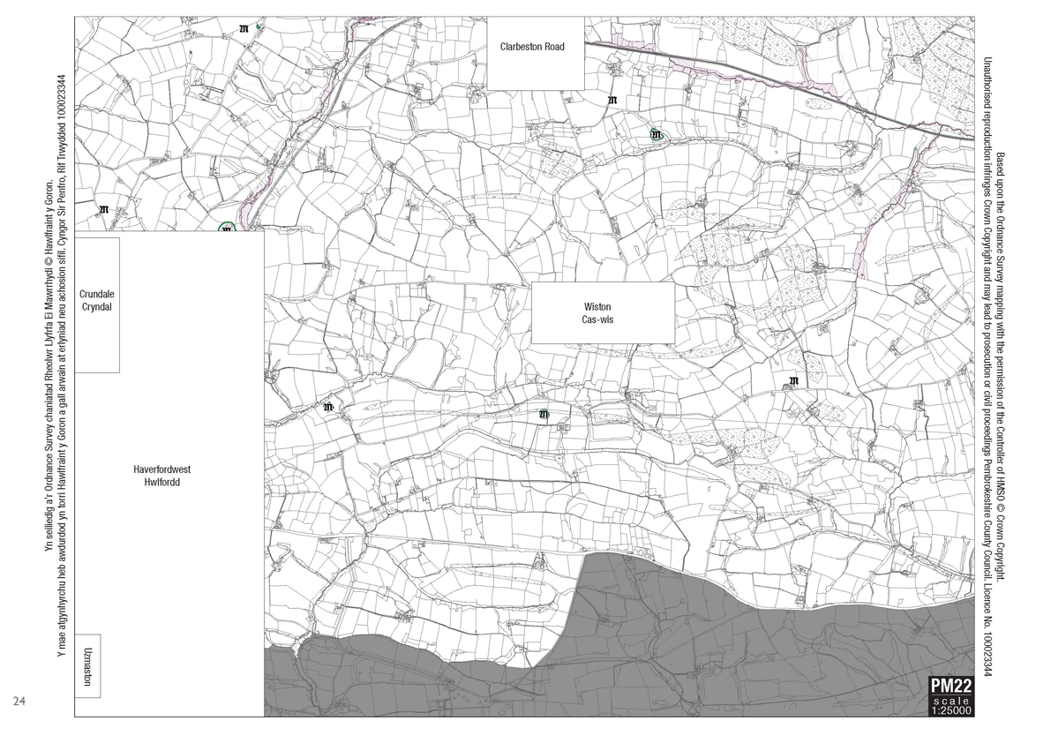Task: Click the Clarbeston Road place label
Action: [x=531, y=47]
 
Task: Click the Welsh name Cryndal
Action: [x=96, y=307]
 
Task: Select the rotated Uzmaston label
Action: [x=87, y=665]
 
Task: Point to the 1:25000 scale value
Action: [x=950, y=709]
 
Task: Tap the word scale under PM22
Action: [x=950, y=700]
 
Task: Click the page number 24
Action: [x=19, y=702]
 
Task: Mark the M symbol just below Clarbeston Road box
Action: [x=612, y=101]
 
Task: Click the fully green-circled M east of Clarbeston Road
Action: [x=656, y=134]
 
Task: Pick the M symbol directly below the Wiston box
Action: [x=544, y=414]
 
